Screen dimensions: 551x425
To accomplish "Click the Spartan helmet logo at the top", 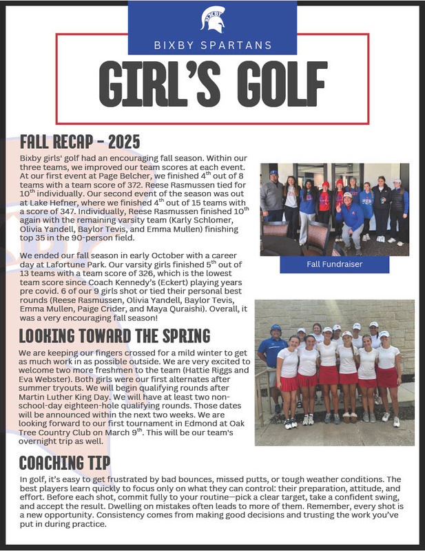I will click(x=213, y=19).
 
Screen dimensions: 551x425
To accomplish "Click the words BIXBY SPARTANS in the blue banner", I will click(x=212, y=46).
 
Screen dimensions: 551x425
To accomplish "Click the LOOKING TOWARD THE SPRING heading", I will click(x=114, y=336).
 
